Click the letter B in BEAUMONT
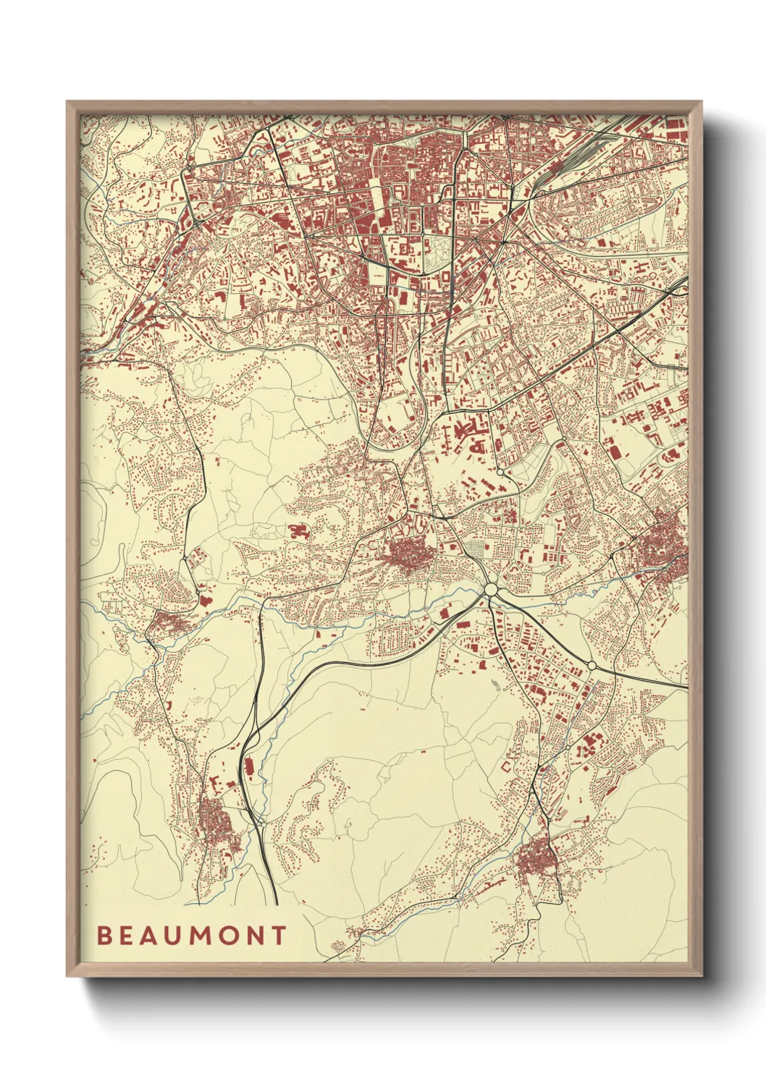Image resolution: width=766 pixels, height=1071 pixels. pyautogui.click(x=103, y=936)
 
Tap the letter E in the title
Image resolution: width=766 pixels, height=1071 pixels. pyautogui.click(x=126, y=936)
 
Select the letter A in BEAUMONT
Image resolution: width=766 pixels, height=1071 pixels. pyautogui.click(x=150, y=936)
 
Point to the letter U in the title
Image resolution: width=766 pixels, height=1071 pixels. pyautogui.click(x=175, y=936)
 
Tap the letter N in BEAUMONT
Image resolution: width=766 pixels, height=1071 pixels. pyautogui.click(x=258, y=936)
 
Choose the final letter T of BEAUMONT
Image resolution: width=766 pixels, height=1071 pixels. pyautogui.click(x=280, y=936)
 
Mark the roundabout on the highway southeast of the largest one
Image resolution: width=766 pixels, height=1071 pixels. pyautogui.click(x=592, y=665)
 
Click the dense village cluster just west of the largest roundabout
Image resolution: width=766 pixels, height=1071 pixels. pyautogui.click(x=409, y=557)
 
